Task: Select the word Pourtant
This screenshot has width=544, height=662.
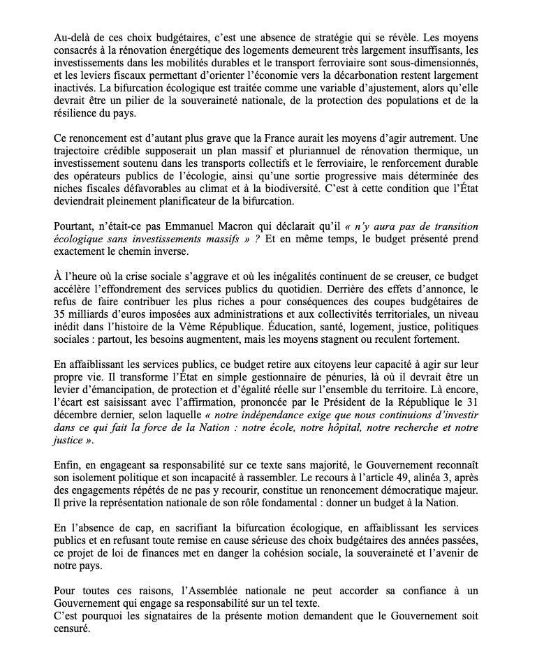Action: [x=75, y=226]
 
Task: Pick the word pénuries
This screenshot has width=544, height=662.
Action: [x=323, y=377]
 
